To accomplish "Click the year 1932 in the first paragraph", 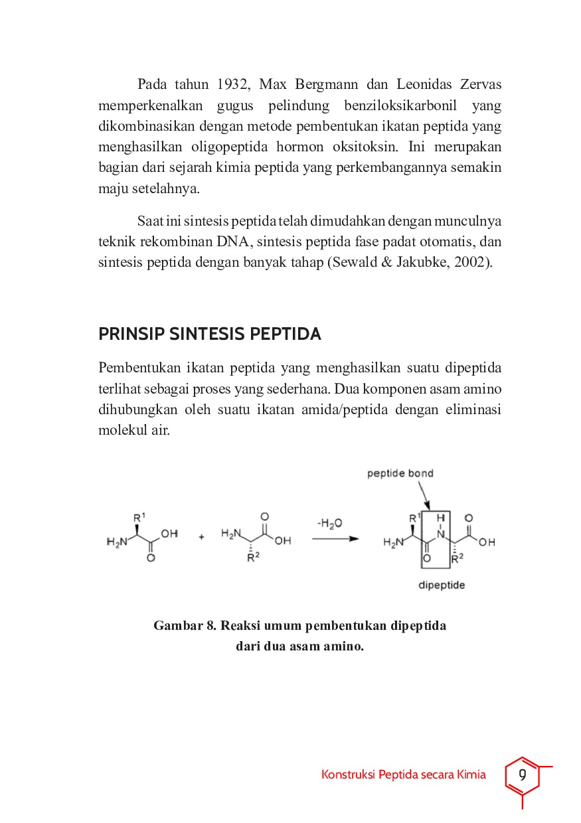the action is pyautogui.click(x=232, y=84).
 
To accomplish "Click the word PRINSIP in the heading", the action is pyautogui.click(x=131, y=335).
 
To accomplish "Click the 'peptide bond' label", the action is pyautogui.click(x=400, y=473).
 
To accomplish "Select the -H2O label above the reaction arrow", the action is pyautogui.click(x=330, y=524).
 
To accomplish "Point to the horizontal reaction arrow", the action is pyautogui.click(x=335, y=539).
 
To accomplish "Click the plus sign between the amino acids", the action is pyautogui.click(x=201, y=538).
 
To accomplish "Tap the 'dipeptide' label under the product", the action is pyautogui.click(x=441, y=585).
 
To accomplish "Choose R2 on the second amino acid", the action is pyautogui.click(x=252, y=558).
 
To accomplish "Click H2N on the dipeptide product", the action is pyautogui.click(x=393, y=543).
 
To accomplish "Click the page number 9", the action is pyautogui.click(x=523, y=775).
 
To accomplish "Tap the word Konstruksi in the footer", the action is pyautogui.click(x=347, y=775).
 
